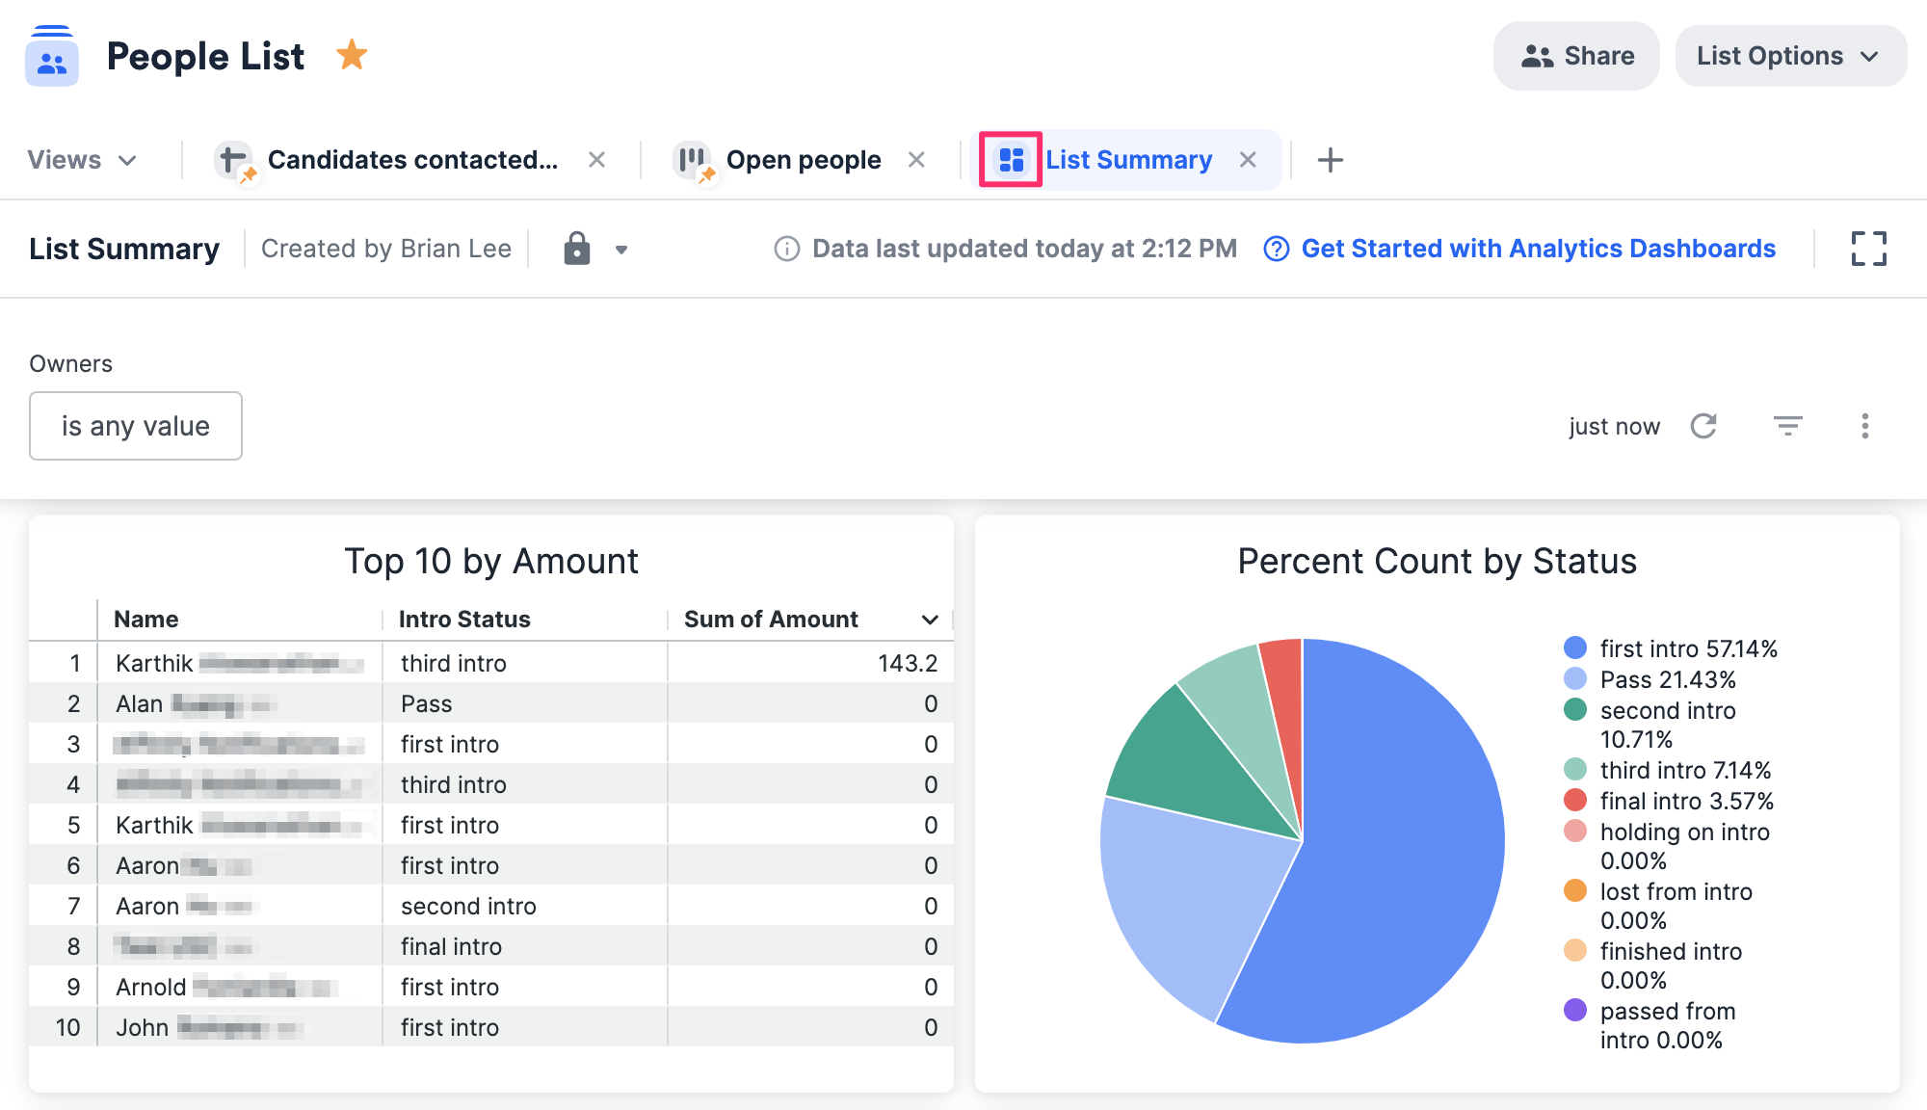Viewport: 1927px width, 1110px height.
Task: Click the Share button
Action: click(1576, 56)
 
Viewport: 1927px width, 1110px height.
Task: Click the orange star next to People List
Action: click(352, 55)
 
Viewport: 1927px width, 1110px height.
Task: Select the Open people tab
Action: click(803, 160)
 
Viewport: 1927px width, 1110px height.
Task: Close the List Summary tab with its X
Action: click(1248, 160)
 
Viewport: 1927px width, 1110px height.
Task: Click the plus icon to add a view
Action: click(1330, 160)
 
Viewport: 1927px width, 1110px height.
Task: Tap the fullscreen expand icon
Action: click(1868, 249)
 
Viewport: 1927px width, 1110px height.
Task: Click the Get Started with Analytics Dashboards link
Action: click(1538, 249)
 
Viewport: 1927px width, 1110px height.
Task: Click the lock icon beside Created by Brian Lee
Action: click(576, 249)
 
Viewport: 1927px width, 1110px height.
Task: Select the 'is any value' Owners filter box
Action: click(136, 426)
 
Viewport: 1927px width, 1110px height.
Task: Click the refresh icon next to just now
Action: click(1703, 426)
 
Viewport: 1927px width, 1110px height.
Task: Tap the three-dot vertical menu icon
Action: click(1864, 426)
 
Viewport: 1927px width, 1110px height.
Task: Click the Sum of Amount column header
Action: click(771, 620)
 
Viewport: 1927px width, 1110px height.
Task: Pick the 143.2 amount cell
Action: click(907, 663)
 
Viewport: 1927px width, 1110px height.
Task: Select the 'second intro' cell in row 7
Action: click(468, 906)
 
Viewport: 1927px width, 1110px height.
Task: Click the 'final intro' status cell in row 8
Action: click(451, 946)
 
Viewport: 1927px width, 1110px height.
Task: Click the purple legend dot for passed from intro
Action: click(1575, 1010)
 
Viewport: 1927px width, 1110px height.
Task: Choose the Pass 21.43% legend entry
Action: click(1667, 680)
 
